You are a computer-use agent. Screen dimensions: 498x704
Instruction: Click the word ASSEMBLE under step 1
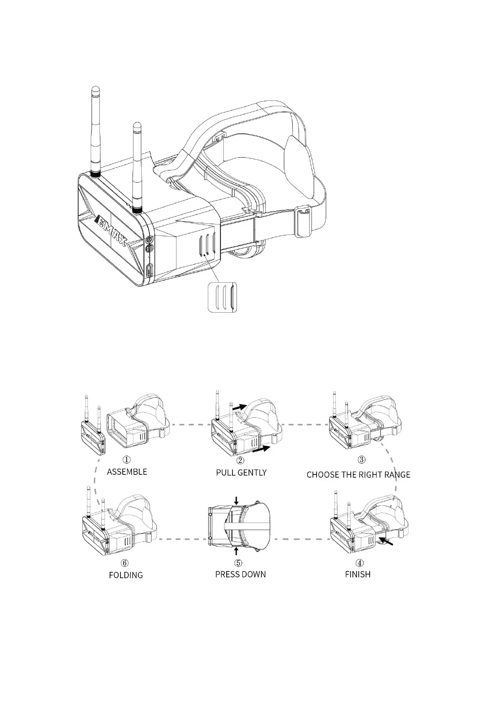tap(127, 472)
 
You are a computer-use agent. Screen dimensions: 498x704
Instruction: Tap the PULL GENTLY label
tap(241, 472)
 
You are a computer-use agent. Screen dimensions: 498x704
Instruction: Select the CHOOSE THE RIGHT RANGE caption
tap(358, 474)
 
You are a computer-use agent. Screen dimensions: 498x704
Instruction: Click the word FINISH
tap(358, 574)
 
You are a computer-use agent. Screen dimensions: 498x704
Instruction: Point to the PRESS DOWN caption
tap(240, 574)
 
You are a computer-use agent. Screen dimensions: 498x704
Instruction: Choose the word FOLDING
tap(126, 575)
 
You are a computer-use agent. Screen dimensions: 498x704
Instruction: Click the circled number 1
tap(126, 459)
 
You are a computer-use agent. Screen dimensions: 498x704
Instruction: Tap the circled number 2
tap(240, 460)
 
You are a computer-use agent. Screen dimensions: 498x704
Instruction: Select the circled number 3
tap(362, 459)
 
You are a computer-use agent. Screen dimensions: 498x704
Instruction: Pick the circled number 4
tap(360, 563)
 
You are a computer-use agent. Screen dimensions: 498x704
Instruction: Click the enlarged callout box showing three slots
tap(222, 297)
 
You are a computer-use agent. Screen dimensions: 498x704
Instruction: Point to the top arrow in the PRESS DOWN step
tap(237, 500)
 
